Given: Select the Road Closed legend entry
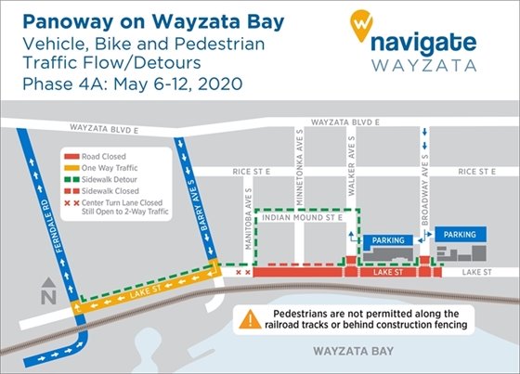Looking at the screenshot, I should click(102, 158).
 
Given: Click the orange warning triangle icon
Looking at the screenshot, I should click(250, 320).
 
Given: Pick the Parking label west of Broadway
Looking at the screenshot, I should click(383, 241).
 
